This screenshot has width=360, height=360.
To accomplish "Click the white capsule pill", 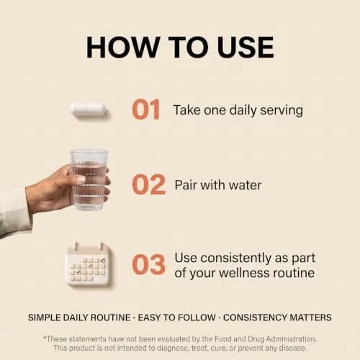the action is click(88, 109).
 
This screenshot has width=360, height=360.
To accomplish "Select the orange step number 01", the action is click(146, 109).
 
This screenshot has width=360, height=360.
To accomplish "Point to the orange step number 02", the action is click(149, 184).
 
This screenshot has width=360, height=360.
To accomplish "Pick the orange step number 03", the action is click(149, 264).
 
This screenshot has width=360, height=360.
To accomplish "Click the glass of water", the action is click(89, 180).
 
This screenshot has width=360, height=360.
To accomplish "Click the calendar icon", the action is click(89, 264).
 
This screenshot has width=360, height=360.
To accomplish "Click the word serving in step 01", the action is click(282, 111).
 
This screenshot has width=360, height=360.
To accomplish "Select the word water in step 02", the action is click(246, 186).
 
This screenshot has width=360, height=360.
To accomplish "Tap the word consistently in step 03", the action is click(235, 258).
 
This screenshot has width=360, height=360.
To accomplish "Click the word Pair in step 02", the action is click(186, 185).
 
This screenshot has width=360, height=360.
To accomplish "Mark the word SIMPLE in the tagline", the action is click(44, 318).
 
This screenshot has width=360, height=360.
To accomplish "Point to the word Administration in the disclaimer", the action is click(291, 339).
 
